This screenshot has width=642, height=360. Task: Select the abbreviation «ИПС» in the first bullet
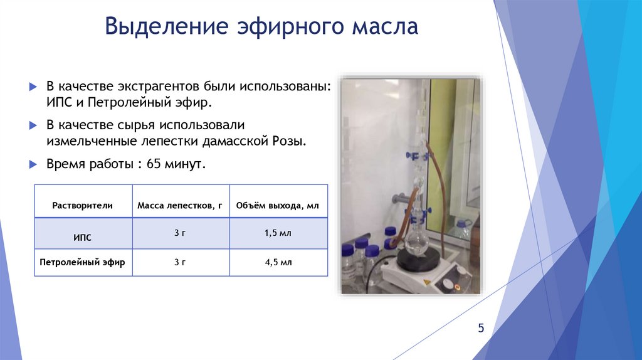point(59,102)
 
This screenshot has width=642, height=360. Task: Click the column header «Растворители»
point(83,205)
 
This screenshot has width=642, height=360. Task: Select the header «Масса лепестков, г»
point(181,205)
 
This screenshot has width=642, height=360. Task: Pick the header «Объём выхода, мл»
point(278,205)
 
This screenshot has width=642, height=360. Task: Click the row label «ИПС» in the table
point(82,238)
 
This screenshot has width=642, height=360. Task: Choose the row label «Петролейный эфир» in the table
point(82,263)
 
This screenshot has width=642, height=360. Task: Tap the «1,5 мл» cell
point(278,233)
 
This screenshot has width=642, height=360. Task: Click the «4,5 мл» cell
point(278,262)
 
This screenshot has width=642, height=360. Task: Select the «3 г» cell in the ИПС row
point(180,233)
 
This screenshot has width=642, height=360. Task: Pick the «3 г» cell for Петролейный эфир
point(180,262)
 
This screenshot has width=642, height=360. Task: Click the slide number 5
point(481,328)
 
